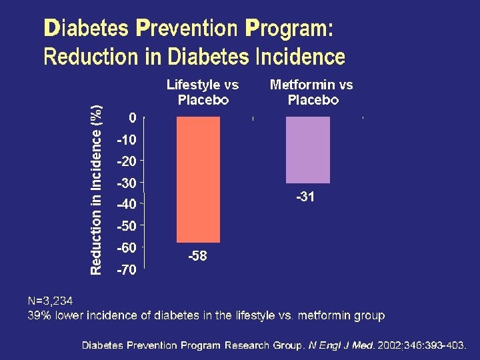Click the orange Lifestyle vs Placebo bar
198,179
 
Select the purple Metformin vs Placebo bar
307,149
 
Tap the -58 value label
197,256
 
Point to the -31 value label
305,197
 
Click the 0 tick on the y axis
133,118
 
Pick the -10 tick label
127,140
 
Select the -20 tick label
127,161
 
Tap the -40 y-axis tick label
127,204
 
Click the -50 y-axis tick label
127,226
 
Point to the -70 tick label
127,269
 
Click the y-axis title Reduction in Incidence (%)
97,189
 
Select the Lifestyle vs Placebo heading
203,93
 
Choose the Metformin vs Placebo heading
311,93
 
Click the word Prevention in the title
186,29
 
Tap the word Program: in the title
288,29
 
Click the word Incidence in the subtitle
300,57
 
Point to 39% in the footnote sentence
39,315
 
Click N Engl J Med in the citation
341,346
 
